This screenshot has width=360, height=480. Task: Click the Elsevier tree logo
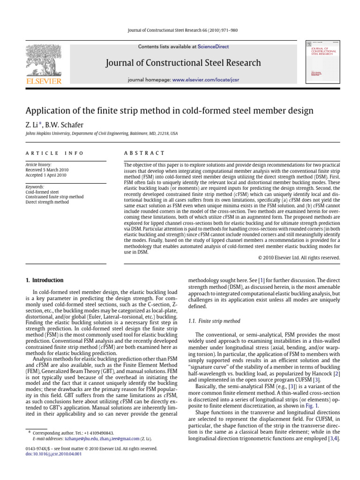tap(43, 57)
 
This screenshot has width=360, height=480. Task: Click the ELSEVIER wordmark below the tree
tap(43, 82)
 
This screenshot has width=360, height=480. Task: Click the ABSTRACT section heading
tap(143, 153)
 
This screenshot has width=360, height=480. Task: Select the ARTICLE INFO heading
tap(54, 153)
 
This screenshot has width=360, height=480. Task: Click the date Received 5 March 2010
tap(45, 170)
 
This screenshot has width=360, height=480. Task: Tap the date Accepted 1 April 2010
tap(45, 175)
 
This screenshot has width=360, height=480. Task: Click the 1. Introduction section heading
tap(44, 280)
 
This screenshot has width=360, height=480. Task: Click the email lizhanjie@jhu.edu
tap(78, 439)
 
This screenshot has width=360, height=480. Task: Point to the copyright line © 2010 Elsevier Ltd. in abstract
tap(299, 257)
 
